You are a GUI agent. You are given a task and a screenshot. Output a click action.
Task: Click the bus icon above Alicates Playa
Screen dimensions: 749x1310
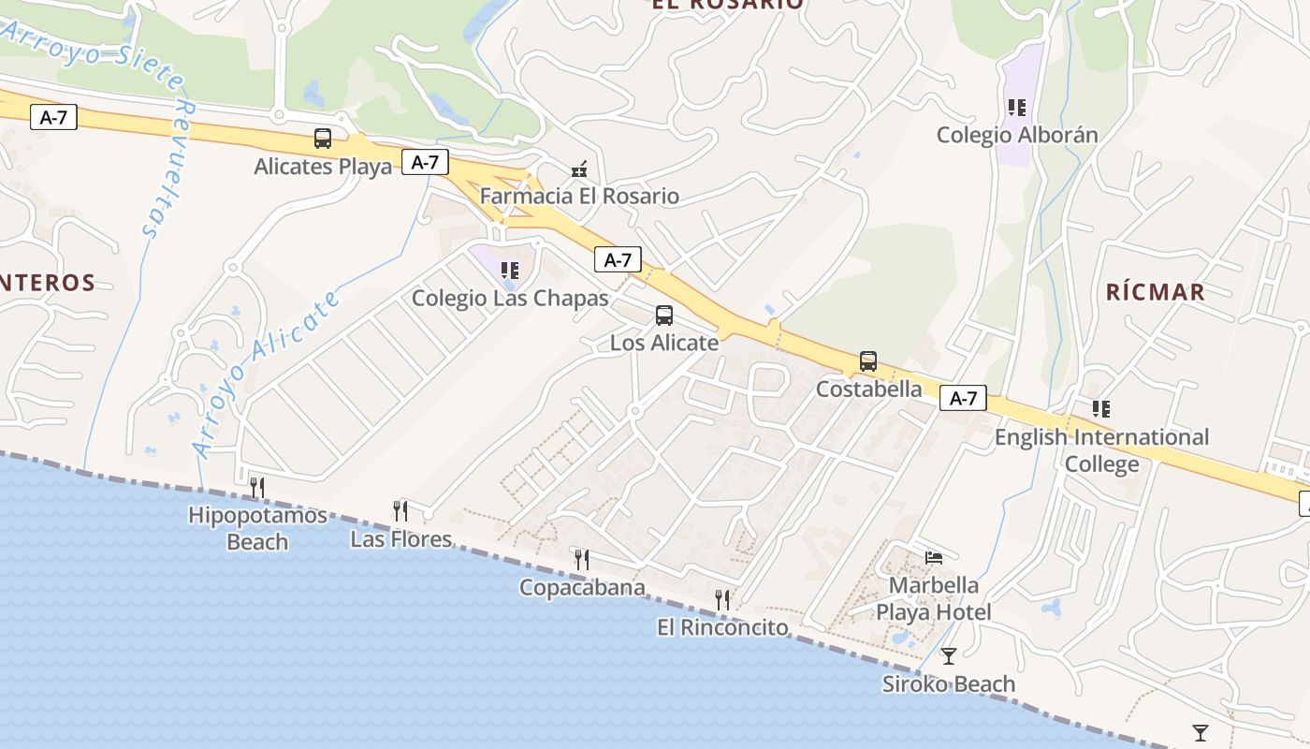323,140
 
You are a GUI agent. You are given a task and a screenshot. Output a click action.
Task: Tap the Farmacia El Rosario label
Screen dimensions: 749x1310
579,197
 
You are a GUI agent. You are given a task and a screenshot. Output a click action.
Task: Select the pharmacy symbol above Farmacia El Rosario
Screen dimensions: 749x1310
579,169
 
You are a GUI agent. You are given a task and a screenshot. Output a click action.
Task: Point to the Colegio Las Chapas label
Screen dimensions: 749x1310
510,299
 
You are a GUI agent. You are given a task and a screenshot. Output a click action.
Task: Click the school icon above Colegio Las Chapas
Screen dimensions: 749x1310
510,271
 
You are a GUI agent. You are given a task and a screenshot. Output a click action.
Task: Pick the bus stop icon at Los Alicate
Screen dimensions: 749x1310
664,316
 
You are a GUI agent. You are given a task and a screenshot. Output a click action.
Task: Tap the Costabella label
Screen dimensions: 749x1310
868,389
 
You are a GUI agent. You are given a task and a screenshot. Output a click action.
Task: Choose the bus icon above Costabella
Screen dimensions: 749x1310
868,361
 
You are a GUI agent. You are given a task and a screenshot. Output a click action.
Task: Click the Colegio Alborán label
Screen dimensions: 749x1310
1017,135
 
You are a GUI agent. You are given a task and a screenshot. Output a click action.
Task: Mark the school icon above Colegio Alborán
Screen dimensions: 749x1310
1017,108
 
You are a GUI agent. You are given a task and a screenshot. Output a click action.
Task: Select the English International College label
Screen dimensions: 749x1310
1101,450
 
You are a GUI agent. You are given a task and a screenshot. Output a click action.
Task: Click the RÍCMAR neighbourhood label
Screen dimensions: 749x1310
1156,292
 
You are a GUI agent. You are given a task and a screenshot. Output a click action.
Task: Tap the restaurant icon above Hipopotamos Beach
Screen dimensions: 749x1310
257,487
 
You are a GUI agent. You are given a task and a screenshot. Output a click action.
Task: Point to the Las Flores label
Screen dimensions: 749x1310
400,539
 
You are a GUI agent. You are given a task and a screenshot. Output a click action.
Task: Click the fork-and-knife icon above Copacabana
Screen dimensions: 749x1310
582,560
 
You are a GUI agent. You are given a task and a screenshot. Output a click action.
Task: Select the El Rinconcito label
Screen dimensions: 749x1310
722,627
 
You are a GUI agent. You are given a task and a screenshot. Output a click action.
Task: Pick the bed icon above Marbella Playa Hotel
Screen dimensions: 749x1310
933,558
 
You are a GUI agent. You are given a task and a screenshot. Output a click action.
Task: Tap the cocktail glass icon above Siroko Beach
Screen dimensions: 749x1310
949,656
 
